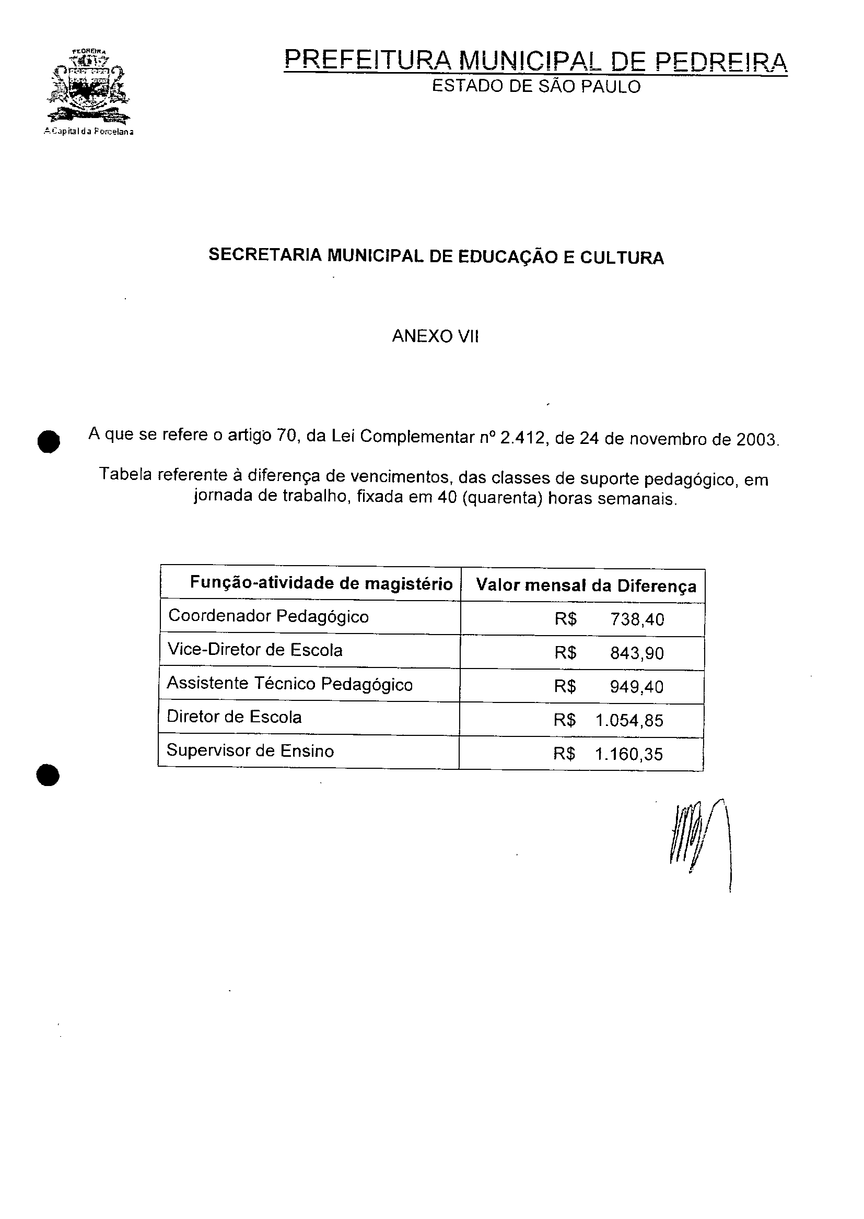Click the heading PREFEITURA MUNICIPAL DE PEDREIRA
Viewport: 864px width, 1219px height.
tap(535, 61)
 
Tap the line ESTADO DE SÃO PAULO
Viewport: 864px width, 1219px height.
tap(536, 87)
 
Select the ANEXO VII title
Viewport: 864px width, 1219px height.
tap(435, 336)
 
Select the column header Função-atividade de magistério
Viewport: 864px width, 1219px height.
tap(321, 583)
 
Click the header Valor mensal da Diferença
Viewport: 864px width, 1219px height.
tap(586, 585)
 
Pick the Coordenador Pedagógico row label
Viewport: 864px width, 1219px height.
tap(268, 616)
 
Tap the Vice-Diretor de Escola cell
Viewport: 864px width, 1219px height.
tap(255, 649)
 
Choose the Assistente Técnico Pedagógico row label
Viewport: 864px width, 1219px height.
tap(289, 684)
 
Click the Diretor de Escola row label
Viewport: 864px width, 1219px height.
tap(234, 717)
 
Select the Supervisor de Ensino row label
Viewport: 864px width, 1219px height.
tap(250, 751)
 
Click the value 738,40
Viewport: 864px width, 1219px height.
tap(637, 619)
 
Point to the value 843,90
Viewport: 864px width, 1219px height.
tap(637, 653)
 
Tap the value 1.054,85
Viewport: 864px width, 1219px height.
tap(629, 721)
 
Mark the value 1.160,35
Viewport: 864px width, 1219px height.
tap(629, 754)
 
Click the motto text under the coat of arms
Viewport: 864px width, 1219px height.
tap(89, 132)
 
